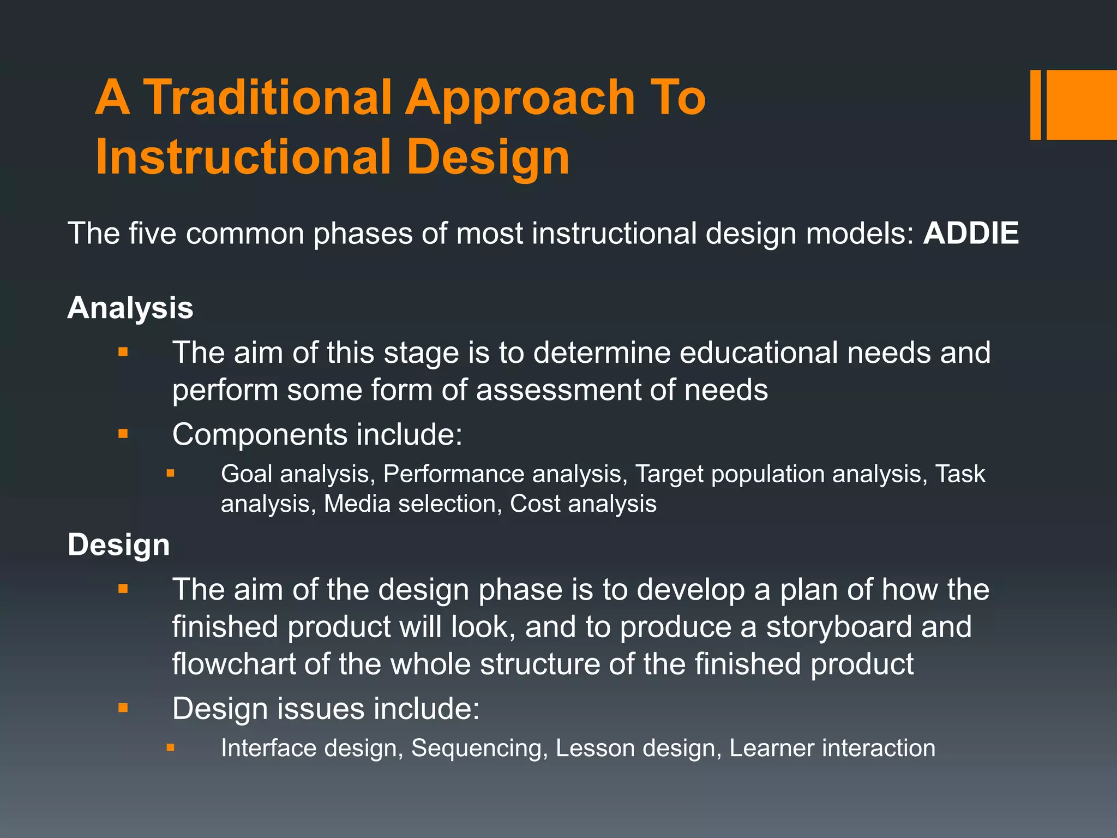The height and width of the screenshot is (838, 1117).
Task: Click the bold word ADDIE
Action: click(x=970, y=234)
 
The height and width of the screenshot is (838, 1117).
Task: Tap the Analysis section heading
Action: click(x=130, y=308)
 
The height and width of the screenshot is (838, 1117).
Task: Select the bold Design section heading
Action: click(x=119, y=545)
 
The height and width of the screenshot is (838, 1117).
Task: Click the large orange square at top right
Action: click(x=1082, y=105)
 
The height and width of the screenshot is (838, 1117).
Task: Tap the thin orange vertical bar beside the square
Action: click(x=1035, y=105)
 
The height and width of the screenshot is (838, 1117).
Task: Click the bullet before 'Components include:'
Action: click(x=123, y=434)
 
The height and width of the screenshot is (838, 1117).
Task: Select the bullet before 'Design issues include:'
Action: click(x=123, y=708)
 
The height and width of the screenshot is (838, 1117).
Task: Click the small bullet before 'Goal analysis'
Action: click(x=171, y=474)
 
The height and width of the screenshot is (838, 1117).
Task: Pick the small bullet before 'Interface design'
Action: click(x=171, y=747)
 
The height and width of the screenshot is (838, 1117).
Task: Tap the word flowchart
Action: click(x=233, y=664)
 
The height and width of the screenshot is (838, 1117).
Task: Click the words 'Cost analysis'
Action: click(x=583, y=504)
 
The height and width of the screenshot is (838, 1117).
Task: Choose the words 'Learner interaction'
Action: click(x=832, y=748)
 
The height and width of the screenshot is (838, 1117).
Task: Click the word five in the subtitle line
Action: click(x=153, y=234)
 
